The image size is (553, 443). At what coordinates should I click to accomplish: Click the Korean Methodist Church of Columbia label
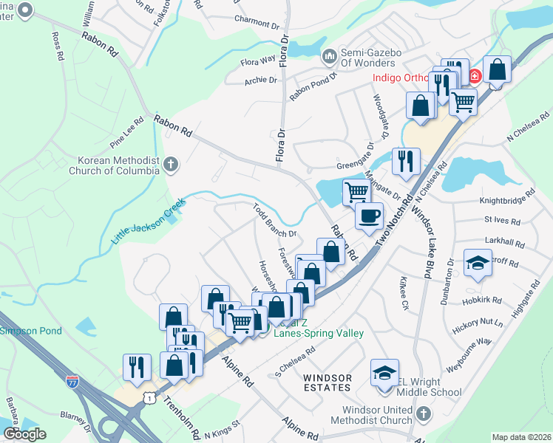point(119,165)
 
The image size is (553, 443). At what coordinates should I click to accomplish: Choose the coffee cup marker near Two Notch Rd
point(369,216)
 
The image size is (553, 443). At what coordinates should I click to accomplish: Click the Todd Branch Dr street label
point(274,220)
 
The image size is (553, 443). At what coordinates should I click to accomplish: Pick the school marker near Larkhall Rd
point(478,262)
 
